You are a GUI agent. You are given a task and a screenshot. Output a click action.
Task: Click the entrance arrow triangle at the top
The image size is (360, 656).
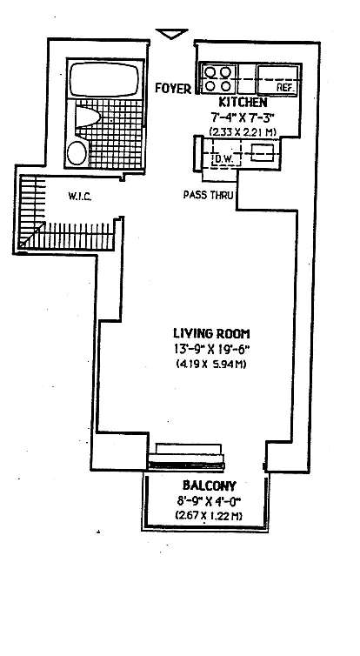pyautogui.click(x=172, y=34)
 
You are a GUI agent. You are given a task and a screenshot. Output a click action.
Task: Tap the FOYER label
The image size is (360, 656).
pyautogui.click(x=173, y=88)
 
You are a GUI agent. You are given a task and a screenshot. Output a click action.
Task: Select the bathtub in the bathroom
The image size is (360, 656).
pyautogui.click(x=103, y=80)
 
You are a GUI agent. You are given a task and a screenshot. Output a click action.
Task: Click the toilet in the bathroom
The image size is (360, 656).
pyautogui.click(x=87, y=117)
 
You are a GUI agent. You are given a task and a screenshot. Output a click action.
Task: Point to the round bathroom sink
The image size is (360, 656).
pyautogui.click(x=77, y=153)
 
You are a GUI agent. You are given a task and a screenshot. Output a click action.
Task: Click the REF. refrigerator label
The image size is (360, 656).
pyautogui.click(x=286, y=88)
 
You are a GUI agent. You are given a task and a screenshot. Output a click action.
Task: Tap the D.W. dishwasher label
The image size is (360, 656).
pyautogui.click(x=222, y=159)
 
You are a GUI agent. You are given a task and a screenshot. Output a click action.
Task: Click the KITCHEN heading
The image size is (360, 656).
pyautogui.click(x=243, y=102)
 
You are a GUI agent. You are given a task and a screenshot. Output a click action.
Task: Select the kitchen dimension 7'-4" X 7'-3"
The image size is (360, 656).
pyautogui.click(x=243, y=117)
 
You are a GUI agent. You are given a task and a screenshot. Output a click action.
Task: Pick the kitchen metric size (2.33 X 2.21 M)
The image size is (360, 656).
pyautogui.click(x=243, y=131)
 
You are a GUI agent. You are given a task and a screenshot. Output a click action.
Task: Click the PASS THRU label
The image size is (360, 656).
pyautogui.click(x=208, y=195)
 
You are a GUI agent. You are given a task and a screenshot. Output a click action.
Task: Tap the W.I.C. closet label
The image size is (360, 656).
pyautogui.click(x=79, y=196)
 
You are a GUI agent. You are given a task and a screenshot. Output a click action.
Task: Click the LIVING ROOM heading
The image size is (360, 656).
pyautogui.click(x=211, y=333)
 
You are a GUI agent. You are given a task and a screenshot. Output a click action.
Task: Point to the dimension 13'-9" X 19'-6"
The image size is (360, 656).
pyautogui.click(x=211, y=349)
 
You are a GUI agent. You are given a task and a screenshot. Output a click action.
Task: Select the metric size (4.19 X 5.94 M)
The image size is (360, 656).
pyautogui.click(x=211, y=364)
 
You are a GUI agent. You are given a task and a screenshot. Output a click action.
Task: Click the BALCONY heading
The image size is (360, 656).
pyautogui.click(x=209, y=485)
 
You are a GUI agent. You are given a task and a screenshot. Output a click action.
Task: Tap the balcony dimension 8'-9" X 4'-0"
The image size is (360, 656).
pyautogui.click(x=209, y=501)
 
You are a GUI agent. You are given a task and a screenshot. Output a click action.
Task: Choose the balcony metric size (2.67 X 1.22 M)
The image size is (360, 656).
pyautogui.click(x=209, y=515)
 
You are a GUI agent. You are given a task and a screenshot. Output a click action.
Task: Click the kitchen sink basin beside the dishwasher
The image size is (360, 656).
pyautogui.click(x=263, y=153)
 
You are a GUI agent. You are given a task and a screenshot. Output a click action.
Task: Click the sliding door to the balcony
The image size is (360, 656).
pyautogui.click(x=186, y=465)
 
